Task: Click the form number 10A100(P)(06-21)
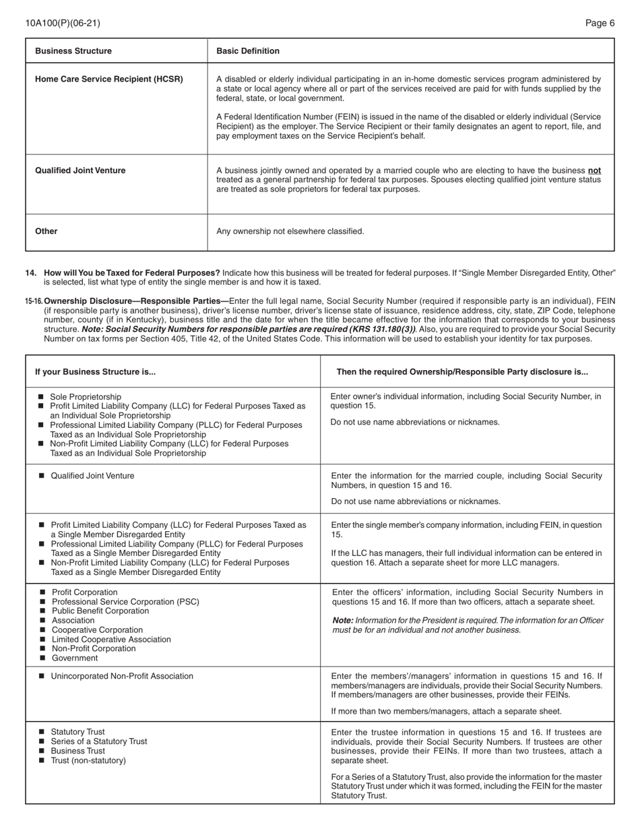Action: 63,23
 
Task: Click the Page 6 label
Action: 600,23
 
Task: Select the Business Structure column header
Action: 73,51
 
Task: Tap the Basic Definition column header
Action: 247,51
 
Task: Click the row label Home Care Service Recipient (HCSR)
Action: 108,80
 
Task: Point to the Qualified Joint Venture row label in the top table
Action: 80,171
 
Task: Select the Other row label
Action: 46,231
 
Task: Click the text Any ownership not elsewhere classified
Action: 290,231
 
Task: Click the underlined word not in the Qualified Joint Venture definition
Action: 594,171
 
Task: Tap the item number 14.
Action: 31,273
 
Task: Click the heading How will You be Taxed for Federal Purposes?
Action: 132,273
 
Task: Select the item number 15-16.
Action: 34,301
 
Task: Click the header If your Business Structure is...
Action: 95,372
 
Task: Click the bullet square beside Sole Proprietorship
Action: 40,397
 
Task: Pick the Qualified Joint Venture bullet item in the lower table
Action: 92,476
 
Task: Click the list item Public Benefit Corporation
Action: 100,611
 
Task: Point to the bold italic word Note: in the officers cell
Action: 342,621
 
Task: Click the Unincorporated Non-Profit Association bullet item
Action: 122,677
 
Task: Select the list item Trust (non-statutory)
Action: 88,761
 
